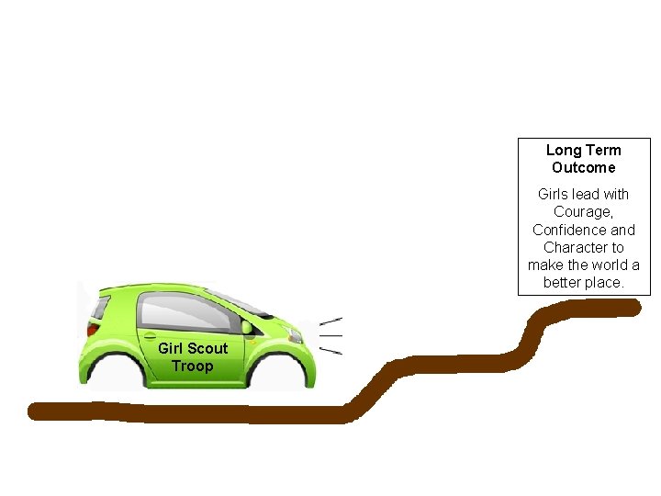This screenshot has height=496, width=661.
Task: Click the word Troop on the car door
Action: click(192, 366)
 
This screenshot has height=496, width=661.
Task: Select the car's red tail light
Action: click(93, 328)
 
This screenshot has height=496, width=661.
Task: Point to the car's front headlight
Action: click(295, 335)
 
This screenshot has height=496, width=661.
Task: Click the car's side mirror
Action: click(247, 327)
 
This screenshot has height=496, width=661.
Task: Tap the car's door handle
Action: click(150, 336)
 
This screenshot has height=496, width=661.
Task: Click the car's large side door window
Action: click(187, 313)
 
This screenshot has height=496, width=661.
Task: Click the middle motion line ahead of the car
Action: click(330, 336)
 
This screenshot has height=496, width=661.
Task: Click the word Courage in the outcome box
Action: click(583, 212)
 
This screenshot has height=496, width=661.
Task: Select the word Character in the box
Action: click(572, 247)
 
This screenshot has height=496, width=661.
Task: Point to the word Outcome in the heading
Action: click(584, 167)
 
